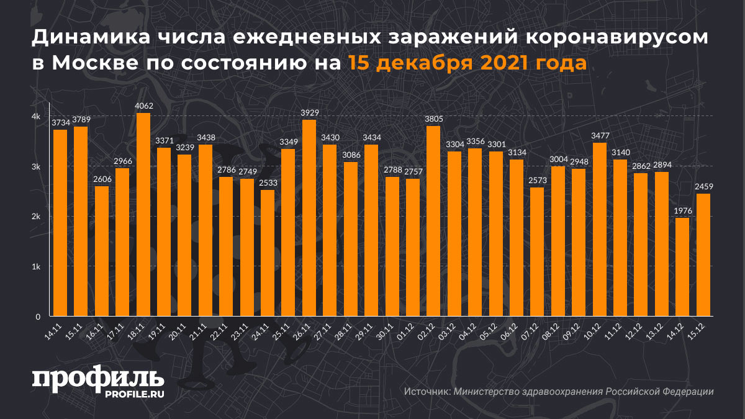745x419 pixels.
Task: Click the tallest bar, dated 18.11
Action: (x=143, y=214)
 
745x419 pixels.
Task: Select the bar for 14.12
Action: (x=682, y=267)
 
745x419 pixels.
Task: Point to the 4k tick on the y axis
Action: (x=36, y=117)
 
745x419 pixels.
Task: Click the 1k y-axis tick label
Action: (x=36, y=267)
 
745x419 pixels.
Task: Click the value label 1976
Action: (x=682, y=210)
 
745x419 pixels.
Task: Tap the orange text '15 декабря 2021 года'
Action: (x=467, y=63)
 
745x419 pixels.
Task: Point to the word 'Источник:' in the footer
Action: (x=427, y=392)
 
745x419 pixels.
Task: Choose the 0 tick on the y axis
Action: (x=38, y=317)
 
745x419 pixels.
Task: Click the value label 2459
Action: (x=703, y=186)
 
